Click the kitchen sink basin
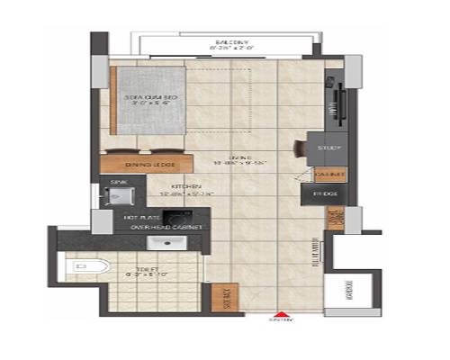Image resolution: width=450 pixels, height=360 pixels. click(x=118, y=196)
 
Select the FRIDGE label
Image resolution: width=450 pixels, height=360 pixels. click(x=323, y=193)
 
